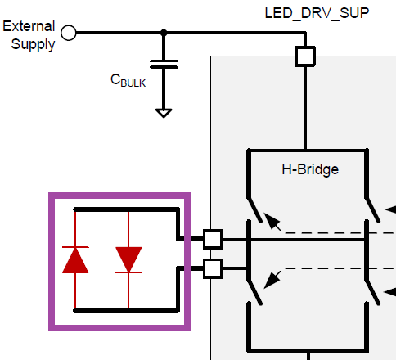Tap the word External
coord(29,26)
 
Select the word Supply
coord(33,44)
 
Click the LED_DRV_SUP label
coord(317,13)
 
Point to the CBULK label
coord(128,81)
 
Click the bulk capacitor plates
coord(164,64)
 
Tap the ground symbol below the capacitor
coord(164,113)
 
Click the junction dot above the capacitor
coord(164,33)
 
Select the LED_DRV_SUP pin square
coord(305,56)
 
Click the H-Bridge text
coord(310,169)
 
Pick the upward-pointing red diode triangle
coord(75,260)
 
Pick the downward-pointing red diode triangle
coord(128,259)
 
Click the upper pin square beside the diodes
coord(213,239)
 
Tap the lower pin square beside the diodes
coord(213,268)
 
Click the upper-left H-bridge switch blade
coord(254,210)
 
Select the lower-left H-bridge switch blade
coord(254,292)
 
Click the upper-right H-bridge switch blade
coord(372,210)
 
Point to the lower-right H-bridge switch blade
coord(372,292)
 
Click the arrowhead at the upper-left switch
coord(272,221)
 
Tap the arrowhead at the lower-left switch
coord(272,280)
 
